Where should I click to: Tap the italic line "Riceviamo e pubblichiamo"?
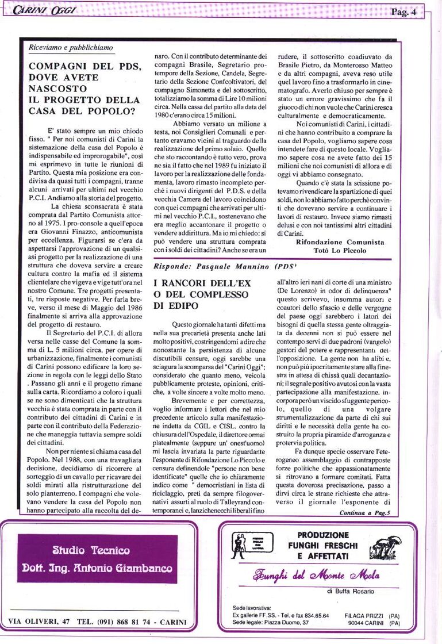point(71,48)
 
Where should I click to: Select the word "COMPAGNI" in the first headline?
point(57,67)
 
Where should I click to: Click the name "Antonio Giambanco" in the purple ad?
point(127,569)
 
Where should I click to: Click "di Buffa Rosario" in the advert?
point(351,591)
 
